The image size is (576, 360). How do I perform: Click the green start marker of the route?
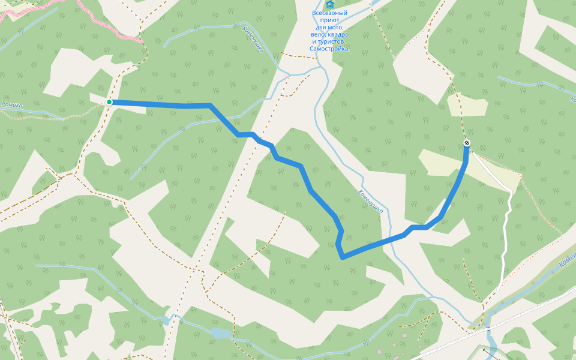click(x=109, y=102)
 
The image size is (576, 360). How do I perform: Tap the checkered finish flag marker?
click(x=467, y=143)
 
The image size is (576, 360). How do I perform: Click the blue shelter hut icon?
click(x=329, y=4)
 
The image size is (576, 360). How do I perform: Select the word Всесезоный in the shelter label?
click(x=329, y=13)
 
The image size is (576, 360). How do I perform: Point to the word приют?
click(x=329, y=20)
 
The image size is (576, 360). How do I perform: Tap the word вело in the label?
click(x=319, y=34)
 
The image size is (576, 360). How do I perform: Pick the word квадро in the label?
click(x=339, y=34)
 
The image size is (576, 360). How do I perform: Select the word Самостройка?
click(x=330, y=49)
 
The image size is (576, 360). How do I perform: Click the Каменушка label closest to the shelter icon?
click(x=254, y=39)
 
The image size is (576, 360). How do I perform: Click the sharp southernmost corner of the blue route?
click(x=343, y=257)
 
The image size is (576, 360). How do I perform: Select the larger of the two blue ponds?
click(x=220, y=333)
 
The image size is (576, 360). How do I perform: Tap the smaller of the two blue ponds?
click(x=165, y=320)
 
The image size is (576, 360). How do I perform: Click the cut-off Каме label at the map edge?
click(x=567, y=259)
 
